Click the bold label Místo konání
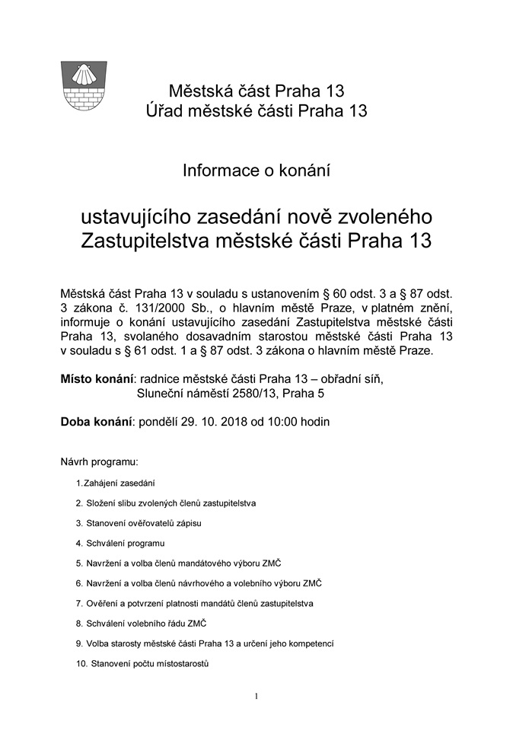click(97, 378)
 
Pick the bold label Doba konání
click(96, 421)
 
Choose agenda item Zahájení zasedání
click(122, 483)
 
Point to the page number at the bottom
click(256, 696)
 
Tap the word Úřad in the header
click(165, 111)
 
